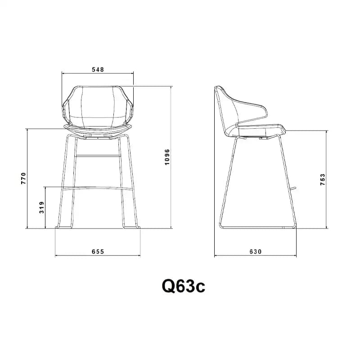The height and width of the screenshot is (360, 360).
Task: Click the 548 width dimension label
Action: click(98, 69)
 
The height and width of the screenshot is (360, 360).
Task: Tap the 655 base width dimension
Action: click(98, 252)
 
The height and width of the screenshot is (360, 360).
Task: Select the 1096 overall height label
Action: click(167, 157)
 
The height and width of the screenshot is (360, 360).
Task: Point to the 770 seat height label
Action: click(24, 178)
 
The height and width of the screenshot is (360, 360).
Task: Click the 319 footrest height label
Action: click(41, 207)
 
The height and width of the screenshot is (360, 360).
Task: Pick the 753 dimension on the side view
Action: click(323, 180)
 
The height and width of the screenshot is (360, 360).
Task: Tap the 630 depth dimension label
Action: click(256, 252)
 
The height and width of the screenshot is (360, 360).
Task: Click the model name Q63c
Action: click(184, 286)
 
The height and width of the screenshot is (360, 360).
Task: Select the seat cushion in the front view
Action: click(98, 130)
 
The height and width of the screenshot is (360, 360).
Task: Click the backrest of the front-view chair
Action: click(98, 106)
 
